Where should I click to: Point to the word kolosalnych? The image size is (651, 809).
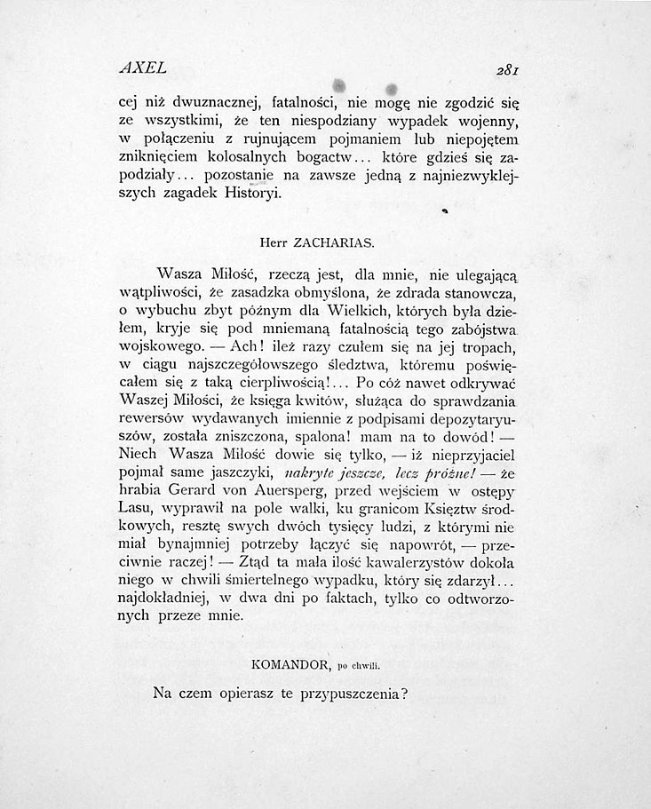click(231, 156)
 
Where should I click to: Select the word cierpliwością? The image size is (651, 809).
click(281, 384)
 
